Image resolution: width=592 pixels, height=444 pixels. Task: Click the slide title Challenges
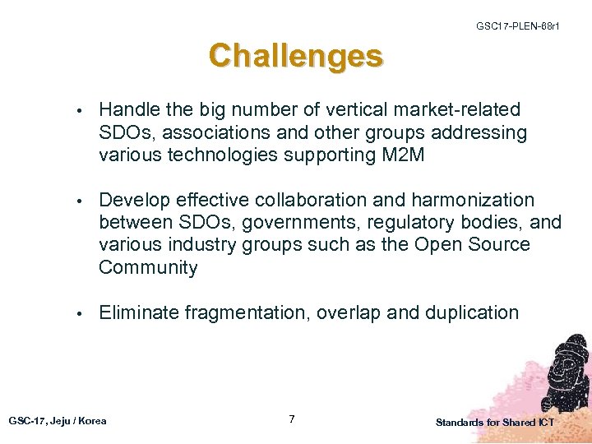295,57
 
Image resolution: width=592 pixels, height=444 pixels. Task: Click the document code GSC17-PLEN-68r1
518,27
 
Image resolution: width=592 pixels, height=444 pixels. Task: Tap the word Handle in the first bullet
127,109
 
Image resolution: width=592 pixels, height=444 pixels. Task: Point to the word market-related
465,109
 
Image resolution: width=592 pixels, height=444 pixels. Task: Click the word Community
148,267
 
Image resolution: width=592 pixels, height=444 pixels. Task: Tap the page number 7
292,419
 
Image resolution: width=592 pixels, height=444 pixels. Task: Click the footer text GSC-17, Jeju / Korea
58,420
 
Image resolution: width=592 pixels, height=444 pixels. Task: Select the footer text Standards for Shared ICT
495,422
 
